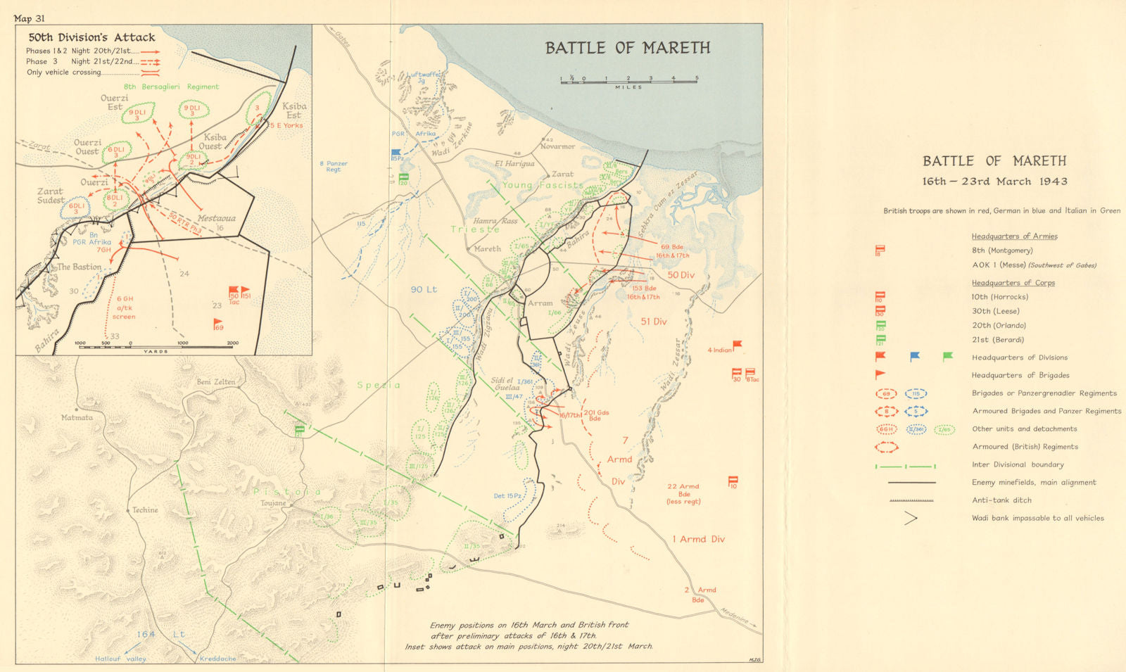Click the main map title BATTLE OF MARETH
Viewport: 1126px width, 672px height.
pyautogui.click(x=627, y=48)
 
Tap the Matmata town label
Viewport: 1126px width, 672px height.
pyautogui.click(x=77, y=417)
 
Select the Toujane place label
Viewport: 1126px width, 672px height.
pyautogui.click(x=274, y=503)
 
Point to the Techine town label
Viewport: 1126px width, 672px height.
pyautogui.click(x=145, y=509)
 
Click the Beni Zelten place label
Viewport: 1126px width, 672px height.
pyautogui.click(x=215, y=381)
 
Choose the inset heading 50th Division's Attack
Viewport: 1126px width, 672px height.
pyautogui.click(x=91, y=37)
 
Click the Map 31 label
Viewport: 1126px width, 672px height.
pyautogui.click(x=30, y=18)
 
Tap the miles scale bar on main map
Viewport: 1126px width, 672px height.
pyautogui.click(x=628, y=82)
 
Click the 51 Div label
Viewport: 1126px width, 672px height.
pyautogui.click(x=654, y=322)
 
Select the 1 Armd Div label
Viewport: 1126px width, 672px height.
pyautogui.click(x=698, y=539)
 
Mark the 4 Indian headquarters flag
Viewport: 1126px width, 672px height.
pyautogui.click(x=737, y=345)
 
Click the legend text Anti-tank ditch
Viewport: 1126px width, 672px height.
pyautogui.click(x=1001, y=500)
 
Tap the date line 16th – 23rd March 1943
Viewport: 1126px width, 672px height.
pyautogui.click(x=994, y=182)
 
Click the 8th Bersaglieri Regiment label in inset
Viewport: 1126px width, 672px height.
pyautogui.click(x=171, y=87)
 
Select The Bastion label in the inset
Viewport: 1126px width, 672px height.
pyautogui.click(x=80, y=267)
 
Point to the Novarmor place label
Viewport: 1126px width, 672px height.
pyautogui.click(x=557, y=146)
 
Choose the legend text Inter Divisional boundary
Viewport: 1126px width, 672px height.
pyautogui.click(x=1018, y=464)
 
